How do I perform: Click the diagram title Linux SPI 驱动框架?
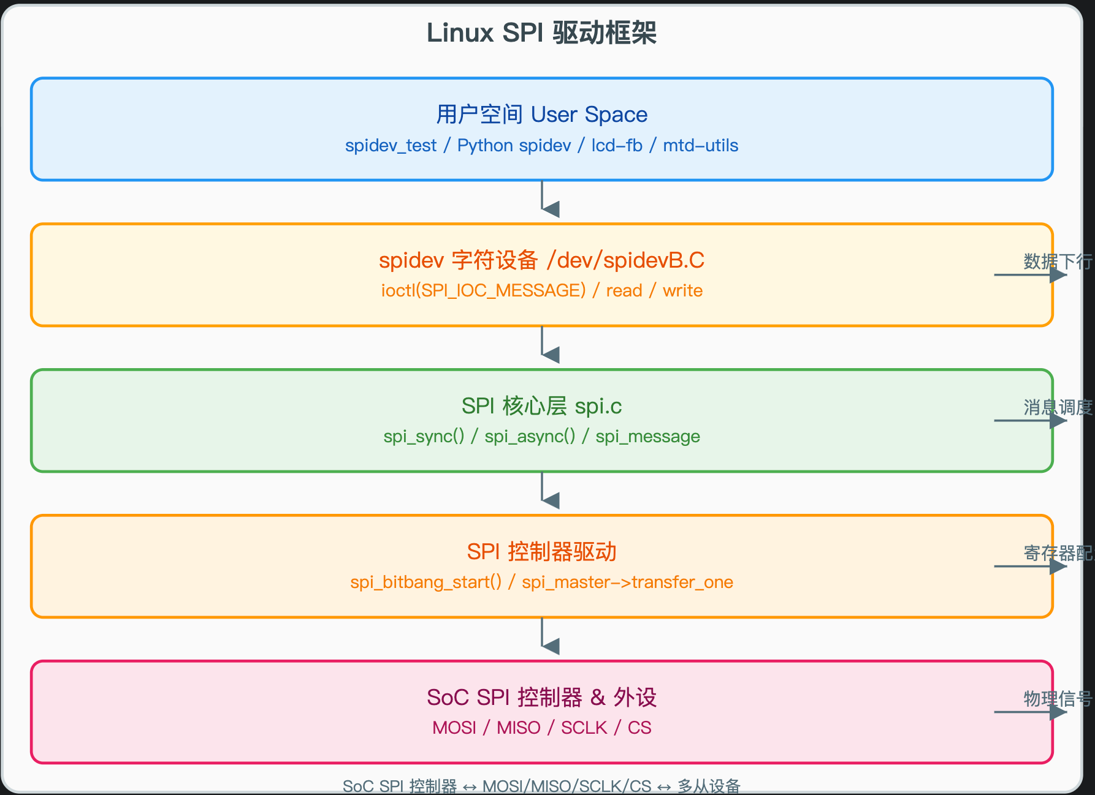[x=541, y=33]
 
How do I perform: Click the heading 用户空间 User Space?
[x=541, y=115]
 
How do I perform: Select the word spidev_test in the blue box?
[x=391, y=146]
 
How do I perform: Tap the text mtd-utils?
[x=700, y=146]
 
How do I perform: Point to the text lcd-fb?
[x=617, y=146]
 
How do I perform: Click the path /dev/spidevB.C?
[x=625, y=260]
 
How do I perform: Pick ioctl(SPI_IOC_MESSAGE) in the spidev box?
[x=483, y=290]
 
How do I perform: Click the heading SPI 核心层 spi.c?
[x=541, y=406]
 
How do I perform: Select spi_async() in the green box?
[x=530, y=436]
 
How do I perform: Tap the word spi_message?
[x=647, y=436]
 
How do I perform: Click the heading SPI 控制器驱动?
[x=541, y=552]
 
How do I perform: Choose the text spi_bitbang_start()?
[x=425, y=582]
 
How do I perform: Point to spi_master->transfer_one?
[x=627, y=582]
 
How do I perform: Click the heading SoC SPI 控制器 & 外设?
[x=541, y=698]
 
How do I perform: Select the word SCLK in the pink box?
[x=584, y=728]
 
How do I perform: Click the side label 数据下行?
[x=1057, y=262]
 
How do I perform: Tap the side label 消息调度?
[x=1057, y=407]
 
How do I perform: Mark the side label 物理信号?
[x=1057, y=699]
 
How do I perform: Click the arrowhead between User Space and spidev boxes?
[x=551, y=209]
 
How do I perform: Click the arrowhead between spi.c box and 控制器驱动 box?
[x=551, y=500]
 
